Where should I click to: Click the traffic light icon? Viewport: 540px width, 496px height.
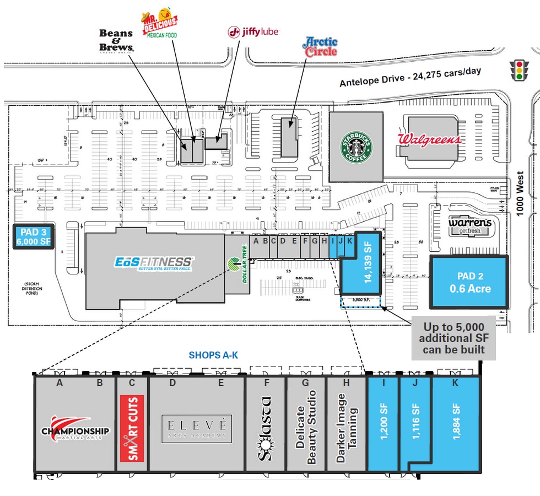(517, 71)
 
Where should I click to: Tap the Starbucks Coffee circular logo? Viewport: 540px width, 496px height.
(355, 147)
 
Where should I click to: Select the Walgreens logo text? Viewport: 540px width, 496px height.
(429, 139)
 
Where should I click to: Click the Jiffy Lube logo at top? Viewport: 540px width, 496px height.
(253, 32)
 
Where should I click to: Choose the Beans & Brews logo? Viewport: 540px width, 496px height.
(116, 41)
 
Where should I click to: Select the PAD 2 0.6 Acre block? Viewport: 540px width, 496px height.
(468, 282)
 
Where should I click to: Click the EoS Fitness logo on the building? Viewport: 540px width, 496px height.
(153, 262)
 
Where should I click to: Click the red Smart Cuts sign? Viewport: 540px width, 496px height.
(132, 428)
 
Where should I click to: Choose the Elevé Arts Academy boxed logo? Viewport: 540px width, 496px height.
(197, 428)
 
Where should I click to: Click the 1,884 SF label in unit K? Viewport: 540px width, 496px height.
(455, 422)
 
